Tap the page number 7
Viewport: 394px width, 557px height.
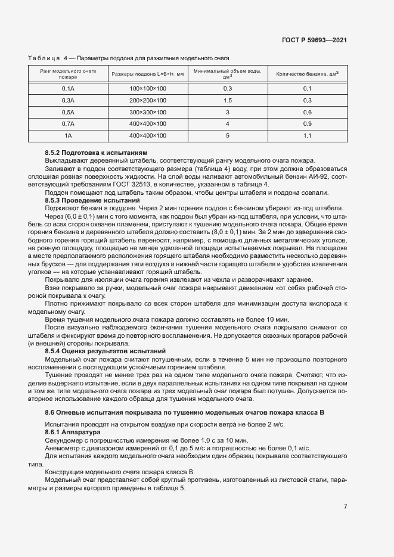[346, 507]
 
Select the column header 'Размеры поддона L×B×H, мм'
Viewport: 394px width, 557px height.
[148, 74]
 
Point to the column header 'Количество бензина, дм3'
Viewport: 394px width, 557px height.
[308, 74]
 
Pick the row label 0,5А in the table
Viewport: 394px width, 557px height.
[68, 112]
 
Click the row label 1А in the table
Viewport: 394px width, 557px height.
[68, 136]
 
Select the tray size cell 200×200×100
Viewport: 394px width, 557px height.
[148, 100]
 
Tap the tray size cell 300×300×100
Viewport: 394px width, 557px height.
[148, 112]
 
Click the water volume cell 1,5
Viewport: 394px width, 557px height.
[227, 100]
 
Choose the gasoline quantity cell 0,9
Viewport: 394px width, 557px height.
[308, 124]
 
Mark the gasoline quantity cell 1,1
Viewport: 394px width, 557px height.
[308, 136]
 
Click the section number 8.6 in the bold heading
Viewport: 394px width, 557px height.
[50, 413]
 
